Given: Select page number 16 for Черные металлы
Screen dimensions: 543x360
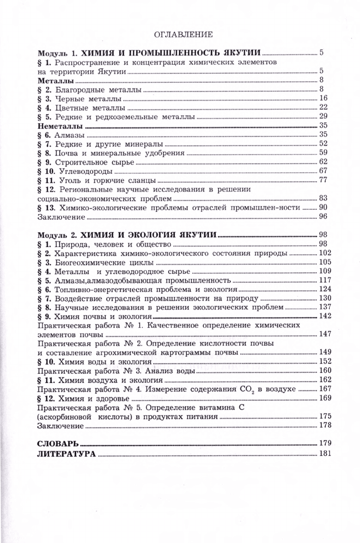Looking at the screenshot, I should (x=324, y=98).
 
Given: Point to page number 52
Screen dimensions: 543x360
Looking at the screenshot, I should (x=324, y=144).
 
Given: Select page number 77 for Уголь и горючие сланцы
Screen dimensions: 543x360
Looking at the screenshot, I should (x=324, y=180).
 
